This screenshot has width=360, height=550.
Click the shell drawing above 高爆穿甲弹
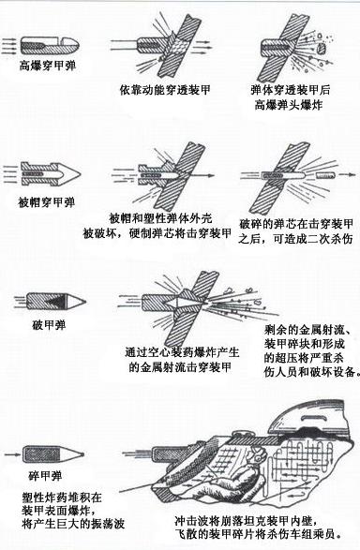47,43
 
